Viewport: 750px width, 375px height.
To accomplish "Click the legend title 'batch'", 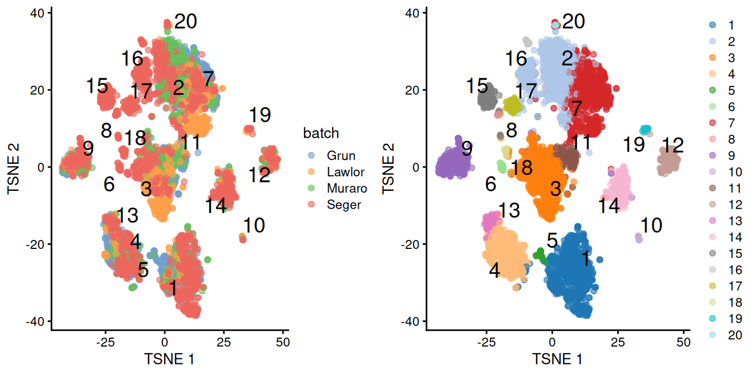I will pyautogui.click(x=321, y=133).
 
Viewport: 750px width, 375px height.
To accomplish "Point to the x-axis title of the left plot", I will pyautogui.click(x=169, y=358).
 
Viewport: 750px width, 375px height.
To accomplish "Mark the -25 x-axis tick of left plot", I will pyautogui.click(x=105, y=342).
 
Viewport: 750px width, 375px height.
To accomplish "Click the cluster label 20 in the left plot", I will pyautogui.click(x=186, y=22).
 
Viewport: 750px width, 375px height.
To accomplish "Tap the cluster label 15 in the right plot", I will pyautogui.click(x=477, y=86).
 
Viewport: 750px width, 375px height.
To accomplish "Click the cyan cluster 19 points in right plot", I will pyautogui.click(x=645, y=130).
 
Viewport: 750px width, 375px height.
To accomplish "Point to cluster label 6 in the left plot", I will pyautogui.click(x=109, y=184).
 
